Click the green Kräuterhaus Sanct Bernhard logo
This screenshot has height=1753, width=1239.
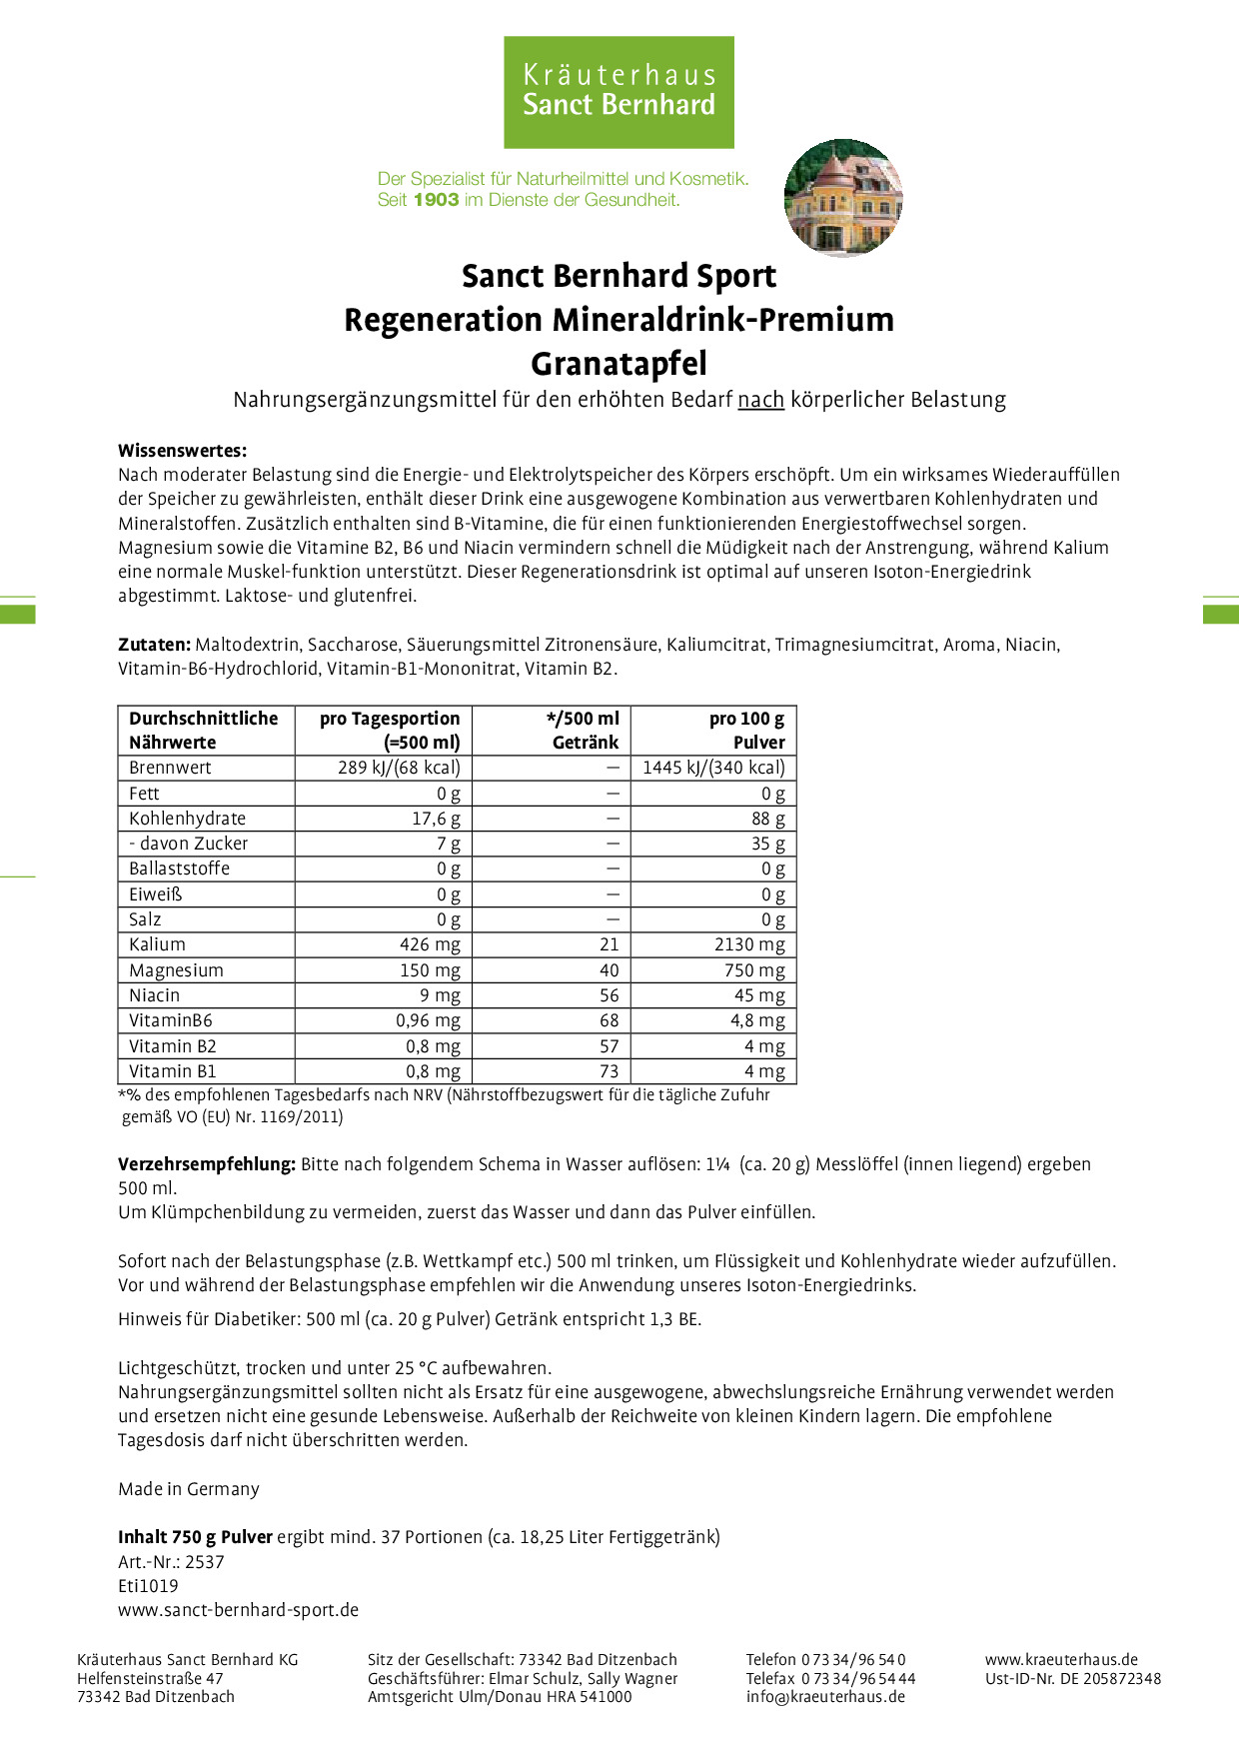tap(619, 92)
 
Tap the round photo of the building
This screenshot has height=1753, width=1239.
tap(843, 198)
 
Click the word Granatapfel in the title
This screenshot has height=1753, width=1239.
tap(619, 364)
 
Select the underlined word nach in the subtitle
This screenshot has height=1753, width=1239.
tap(760, 400)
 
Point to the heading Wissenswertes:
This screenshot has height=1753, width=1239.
tap(182, 451)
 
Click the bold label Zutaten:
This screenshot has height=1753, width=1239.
tap(154, 645)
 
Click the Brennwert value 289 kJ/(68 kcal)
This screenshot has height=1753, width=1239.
tap(399, 768)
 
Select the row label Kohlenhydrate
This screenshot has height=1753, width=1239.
tap(187, 819)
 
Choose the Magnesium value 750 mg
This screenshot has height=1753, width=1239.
tap(755, 970)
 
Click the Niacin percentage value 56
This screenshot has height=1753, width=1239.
tap(609, 995)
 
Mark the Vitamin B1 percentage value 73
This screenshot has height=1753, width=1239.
tap(609, 1071)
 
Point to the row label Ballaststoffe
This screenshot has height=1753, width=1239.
tap(179, 869)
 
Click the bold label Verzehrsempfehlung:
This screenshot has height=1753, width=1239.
tap(207, 1164)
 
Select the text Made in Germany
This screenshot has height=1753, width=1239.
tap(188, 1489)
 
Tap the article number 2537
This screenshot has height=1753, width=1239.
tap(205, 1562)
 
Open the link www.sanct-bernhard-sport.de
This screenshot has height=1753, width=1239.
tap(238, 1610)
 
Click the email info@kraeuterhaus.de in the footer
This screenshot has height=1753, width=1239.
tap(825, 1696)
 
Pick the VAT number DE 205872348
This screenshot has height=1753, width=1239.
tap(1110, 1678)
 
